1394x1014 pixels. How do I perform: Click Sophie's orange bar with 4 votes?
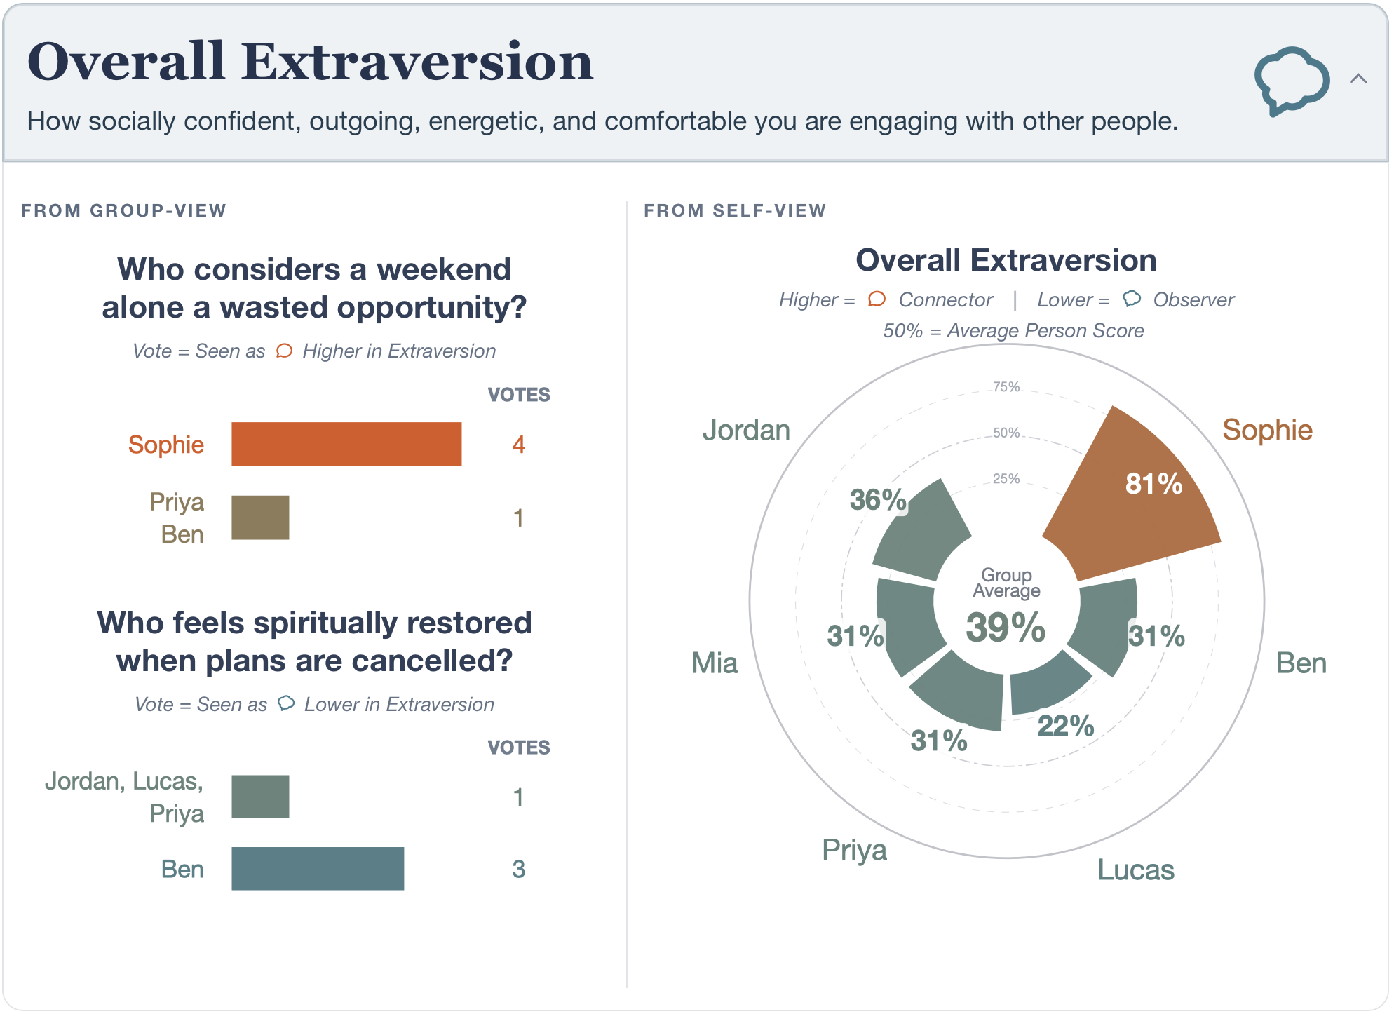tap(346, 444)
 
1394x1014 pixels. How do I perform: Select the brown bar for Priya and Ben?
tap(260, 518)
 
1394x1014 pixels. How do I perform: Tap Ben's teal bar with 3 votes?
tap(318, 869)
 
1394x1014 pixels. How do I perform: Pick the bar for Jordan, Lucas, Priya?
tap(260, 797)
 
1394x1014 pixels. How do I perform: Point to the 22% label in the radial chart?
tap(1066, 726)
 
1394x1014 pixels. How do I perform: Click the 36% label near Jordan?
tap(878, 500)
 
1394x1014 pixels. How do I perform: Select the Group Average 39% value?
tap(1006, 627)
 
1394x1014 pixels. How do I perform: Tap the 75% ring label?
tap(1006, 387)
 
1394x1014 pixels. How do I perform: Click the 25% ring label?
tap(1006, 479)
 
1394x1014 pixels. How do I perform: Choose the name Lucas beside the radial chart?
tap(1136, 870)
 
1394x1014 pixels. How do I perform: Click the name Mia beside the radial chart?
tap(715, 663)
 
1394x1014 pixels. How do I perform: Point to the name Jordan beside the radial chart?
tap(746, 430)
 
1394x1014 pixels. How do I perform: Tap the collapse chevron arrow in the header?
tap(1358, 79)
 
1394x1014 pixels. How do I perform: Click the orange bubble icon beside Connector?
tap(877, 299)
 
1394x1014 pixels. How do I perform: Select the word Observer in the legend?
tap(1193, 299)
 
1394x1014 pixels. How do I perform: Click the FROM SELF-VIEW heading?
tap(735, 210)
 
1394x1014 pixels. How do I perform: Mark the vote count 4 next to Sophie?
tap(519, 445)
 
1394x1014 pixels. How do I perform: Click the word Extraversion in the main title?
tap(418, 62)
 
